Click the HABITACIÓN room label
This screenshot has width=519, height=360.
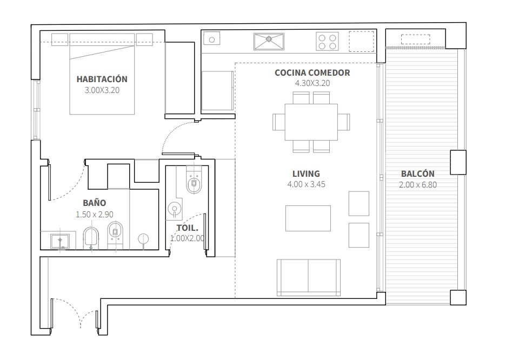[102, 79]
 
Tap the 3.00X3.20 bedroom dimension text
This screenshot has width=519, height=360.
[102, 90]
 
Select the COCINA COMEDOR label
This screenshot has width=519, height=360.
[312, 73]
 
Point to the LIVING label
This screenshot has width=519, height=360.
[306, 174]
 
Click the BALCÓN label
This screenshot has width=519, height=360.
[418, 174]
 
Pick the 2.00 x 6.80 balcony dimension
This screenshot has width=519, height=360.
[418, 185]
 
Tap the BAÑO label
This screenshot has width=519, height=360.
[94, 203]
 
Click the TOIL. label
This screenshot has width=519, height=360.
[188, 228]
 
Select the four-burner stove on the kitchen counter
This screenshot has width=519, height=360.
[327, 42]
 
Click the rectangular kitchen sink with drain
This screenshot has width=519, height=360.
[269, 42]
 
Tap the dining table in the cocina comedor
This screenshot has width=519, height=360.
[311, 122]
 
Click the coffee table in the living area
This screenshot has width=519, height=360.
[308, 218]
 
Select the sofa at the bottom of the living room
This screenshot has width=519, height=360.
[309, 278]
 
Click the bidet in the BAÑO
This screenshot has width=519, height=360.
[91, 238]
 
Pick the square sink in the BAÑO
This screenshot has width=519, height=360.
[60, 241]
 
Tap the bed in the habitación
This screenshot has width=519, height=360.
[102, 74]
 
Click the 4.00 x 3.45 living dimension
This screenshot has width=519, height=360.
[306, 184]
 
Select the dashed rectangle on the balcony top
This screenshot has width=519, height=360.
[415, 39]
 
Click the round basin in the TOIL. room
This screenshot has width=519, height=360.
[174, 209]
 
